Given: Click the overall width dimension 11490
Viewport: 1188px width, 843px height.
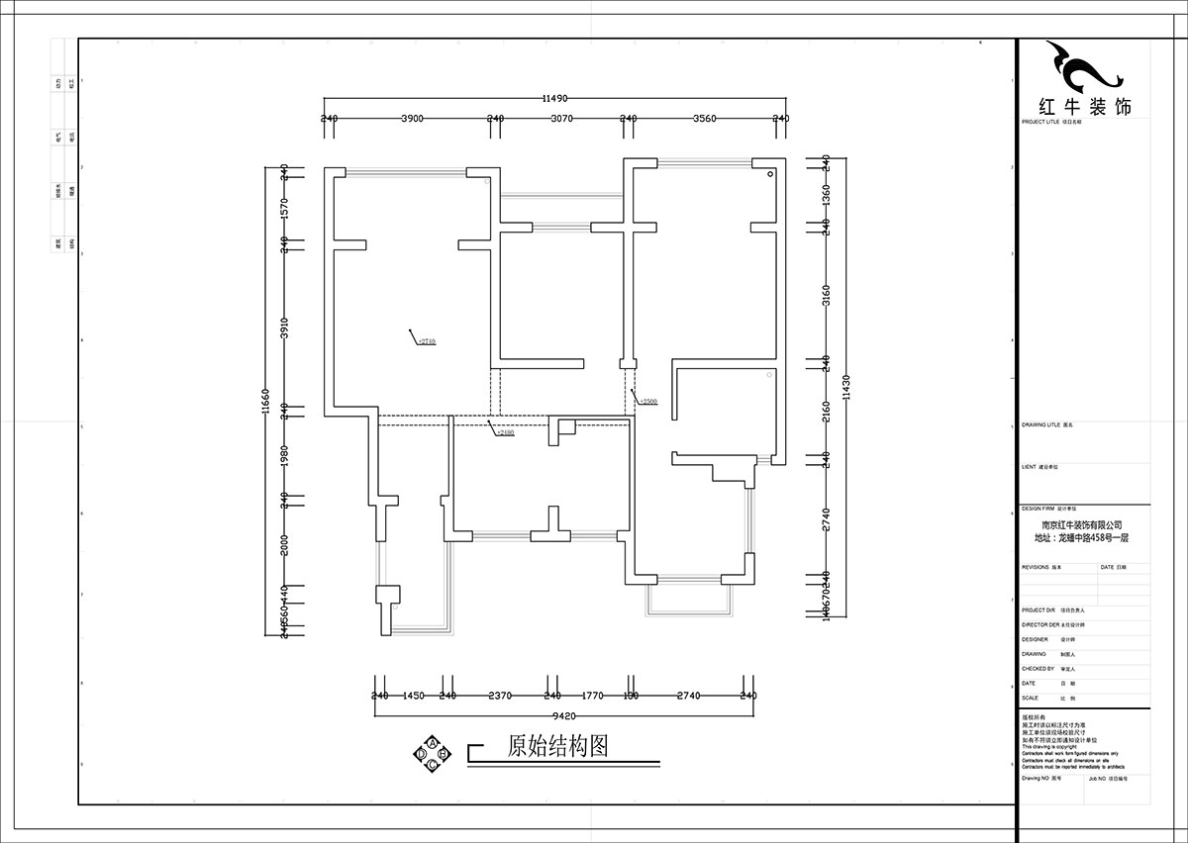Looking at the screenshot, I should (x=553, y=99).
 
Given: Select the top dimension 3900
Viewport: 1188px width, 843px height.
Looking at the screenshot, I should (x=412, y=119).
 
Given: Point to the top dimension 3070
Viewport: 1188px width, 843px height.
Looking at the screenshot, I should (x=561, y=119).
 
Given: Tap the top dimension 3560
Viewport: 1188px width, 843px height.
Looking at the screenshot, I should (x=704, y=119).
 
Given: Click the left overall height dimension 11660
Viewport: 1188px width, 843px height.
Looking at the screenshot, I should (x=265, y=402).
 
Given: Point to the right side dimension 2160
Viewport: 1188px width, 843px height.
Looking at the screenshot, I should (x=826, y=408).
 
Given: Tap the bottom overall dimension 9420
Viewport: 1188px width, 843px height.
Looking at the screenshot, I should (x=563, y=714).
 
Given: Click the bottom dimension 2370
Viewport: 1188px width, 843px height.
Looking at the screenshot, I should (x=500, y=696).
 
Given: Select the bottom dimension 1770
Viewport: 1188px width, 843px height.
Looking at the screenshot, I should (x=592, y=696).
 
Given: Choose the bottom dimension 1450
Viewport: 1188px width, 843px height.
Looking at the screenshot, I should (x=414, y=696).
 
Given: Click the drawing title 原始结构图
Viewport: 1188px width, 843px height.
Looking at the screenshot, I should (x=556, y=746).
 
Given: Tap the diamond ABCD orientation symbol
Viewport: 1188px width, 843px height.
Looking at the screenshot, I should (x=433, y=754).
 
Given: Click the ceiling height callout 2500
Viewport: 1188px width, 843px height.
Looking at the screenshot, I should (x=649, y=402).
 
